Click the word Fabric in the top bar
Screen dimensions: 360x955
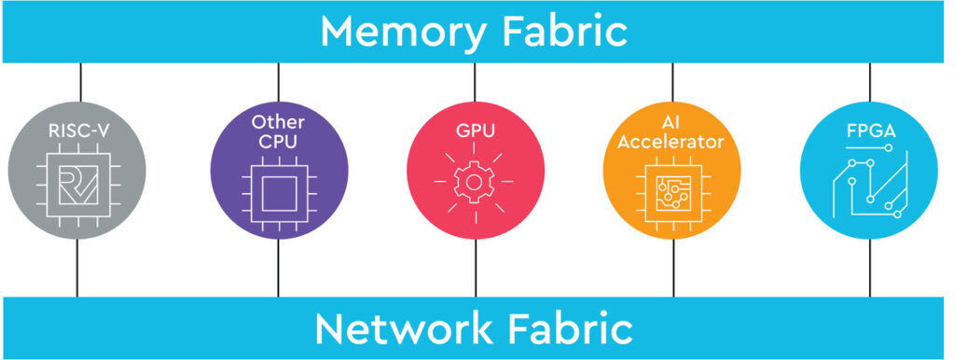point(561,31)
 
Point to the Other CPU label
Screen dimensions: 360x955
point(278,130)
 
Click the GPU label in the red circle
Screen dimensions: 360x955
point(476,131)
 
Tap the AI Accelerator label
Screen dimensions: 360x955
point(672,130)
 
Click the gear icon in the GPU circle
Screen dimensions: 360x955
point(476,185)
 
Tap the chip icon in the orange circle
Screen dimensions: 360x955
point(672,189)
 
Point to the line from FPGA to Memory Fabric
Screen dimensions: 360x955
point(870,82)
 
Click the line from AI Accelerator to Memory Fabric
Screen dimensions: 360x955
point(672,82)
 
